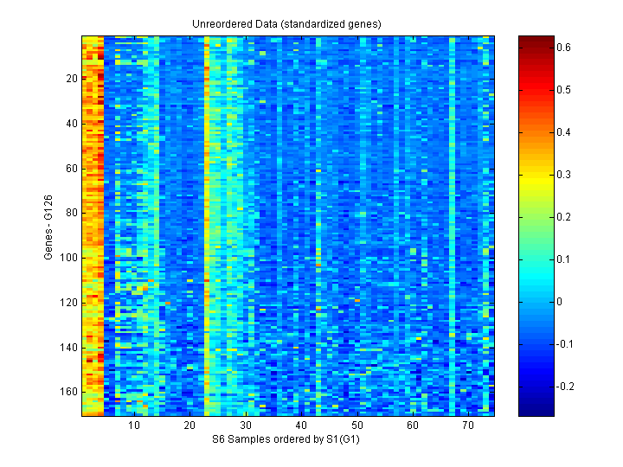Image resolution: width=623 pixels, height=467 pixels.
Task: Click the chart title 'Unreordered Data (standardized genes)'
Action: click(286, 23)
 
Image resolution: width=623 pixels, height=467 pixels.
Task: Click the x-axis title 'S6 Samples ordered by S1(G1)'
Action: click(286, 440)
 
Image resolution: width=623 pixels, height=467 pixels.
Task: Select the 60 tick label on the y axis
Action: click(72, 168)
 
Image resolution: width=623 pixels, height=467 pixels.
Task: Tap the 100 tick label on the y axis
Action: click(69, 258)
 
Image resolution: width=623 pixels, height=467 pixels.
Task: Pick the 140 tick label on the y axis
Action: click(69, 347)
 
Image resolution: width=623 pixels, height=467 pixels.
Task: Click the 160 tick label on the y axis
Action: click(69, 392)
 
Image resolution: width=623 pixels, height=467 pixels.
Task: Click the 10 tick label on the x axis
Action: click(134, 426)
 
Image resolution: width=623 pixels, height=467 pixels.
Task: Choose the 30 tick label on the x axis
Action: click(245, 426)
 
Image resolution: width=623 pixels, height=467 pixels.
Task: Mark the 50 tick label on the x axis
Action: click(356, 426)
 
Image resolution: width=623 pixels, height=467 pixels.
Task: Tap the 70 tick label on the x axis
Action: click(467, 426)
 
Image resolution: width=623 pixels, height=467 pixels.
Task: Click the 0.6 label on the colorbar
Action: click(563, 48)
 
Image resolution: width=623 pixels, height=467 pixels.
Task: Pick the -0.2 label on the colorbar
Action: click(565, 386)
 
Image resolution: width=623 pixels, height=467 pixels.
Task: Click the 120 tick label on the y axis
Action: click(69, 303)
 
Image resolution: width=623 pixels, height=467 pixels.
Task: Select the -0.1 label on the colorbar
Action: click(565, 343)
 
